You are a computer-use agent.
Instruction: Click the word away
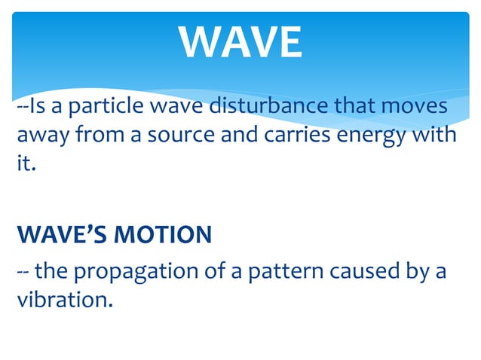41,136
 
